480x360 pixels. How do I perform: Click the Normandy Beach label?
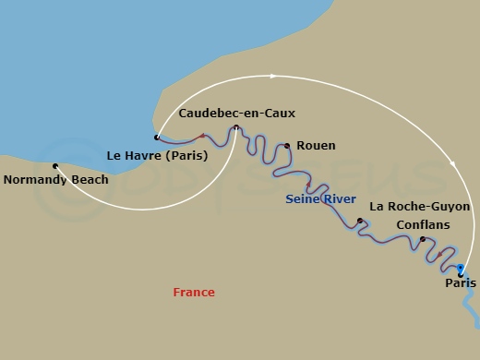[x=55, y=180]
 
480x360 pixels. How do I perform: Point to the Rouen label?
[x=316, y=146]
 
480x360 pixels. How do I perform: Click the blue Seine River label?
[x=320, y=198]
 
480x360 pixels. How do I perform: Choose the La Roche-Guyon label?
[x=419, y=207]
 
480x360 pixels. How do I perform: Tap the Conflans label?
[x=422, y=224]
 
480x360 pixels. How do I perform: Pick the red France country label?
[x=194, y=293]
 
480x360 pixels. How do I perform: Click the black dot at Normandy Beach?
[x=55, y=166]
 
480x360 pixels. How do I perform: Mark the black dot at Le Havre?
[x=157, y=138]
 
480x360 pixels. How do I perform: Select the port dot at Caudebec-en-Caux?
[x=236, y=128]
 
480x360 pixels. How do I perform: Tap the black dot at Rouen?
[x=287, y=146]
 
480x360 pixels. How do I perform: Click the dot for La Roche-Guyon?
[x=360, y=221]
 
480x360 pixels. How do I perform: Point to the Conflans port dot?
[x=423, y=240]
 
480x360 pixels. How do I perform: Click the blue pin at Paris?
[x=460, y=269]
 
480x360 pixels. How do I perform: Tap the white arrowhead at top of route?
[x=273, y=76]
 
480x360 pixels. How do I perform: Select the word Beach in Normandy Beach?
[x=90, y=180]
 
